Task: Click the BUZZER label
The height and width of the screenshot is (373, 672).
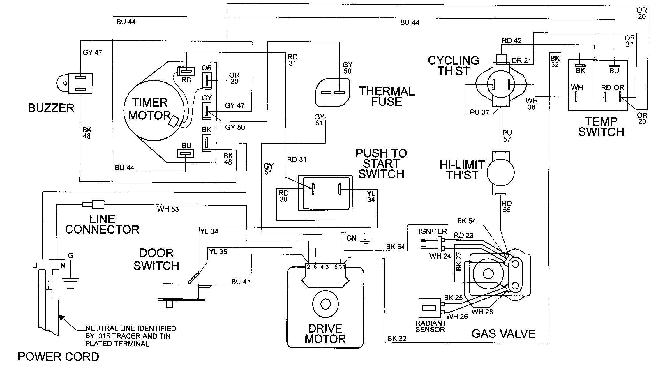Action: coord(51,108)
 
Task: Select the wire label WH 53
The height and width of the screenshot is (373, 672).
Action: coord(168,209)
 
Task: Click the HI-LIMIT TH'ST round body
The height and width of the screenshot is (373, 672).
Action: coord(500,173)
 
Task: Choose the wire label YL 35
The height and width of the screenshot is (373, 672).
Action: coord(218,252)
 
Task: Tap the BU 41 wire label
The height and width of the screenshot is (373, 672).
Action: coord(241,282)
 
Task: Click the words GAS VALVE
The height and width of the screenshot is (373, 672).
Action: coord(503,334)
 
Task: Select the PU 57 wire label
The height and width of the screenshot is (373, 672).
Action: coord(507,136)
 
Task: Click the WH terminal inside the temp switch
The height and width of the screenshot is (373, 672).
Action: coord(576,97)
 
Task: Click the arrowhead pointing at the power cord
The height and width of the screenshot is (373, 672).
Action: coord(61,317)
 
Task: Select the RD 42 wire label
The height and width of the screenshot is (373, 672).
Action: coord(512,41)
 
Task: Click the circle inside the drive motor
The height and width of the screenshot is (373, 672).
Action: coord(325,304)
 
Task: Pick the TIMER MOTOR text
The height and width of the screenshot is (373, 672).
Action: coord(149,109)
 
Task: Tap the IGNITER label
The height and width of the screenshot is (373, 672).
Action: coord(433,231)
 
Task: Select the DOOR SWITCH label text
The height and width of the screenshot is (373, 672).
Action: coord(156,259)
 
